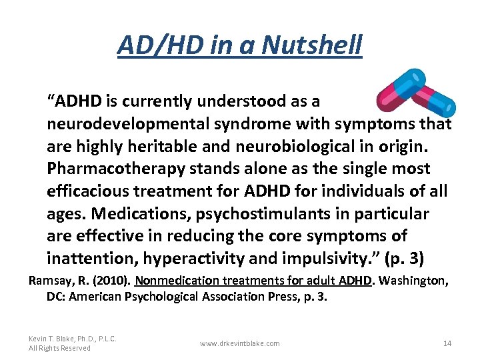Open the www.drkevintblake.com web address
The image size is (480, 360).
pos(240,343)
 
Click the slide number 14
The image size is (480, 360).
pos(447,343)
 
